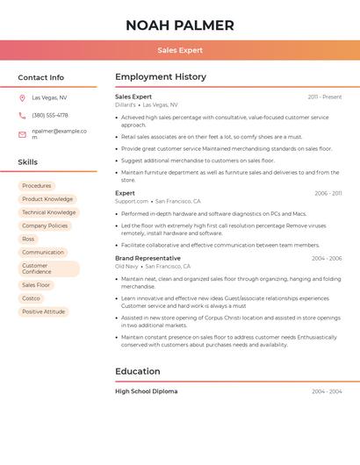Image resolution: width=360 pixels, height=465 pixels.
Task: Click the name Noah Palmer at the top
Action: [180, 25]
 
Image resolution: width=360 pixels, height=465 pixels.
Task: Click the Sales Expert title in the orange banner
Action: [180, 50]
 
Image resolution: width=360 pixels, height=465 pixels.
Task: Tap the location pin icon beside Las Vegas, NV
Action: [22, 98]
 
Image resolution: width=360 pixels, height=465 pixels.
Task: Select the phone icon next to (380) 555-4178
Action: [22, 115]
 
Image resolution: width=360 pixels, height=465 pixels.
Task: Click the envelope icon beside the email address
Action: [22, 134]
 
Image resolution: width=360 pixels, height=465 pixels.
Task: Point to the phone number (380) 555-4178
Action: [50, 115]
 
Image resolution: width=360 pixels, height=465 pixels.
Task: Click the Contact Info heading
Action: [40, 77]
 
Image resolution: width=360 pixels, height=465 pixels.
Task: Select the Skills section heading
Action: [27, 162]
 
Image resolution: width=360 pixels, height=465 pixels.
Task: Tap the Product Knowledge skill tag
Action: [47, 199]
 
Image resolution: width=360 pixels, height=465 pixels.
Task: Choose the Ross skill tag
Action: [28, 239]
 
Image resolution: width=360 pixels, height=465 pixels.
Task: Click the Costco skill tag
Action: [31, 298]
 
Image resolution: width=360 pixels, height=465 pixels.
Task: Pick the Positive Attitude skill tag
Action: [43, 311]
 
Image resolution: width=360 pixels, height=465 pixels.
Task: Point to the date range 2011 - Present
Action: [325, 97]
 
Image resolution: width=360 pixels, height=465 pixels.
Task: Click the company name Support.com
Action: [132, 201]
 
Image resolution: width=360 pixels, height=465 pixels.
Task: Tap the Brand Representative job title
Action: [148, 258]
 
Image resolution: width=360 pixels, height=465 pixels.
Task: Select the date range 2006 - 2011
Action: [328, 193]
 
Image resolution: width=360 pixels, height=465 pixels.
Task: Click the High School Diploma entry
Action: [146, 391]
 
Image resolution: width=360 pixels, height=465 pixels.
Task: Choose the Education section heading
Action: [137, 371]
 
